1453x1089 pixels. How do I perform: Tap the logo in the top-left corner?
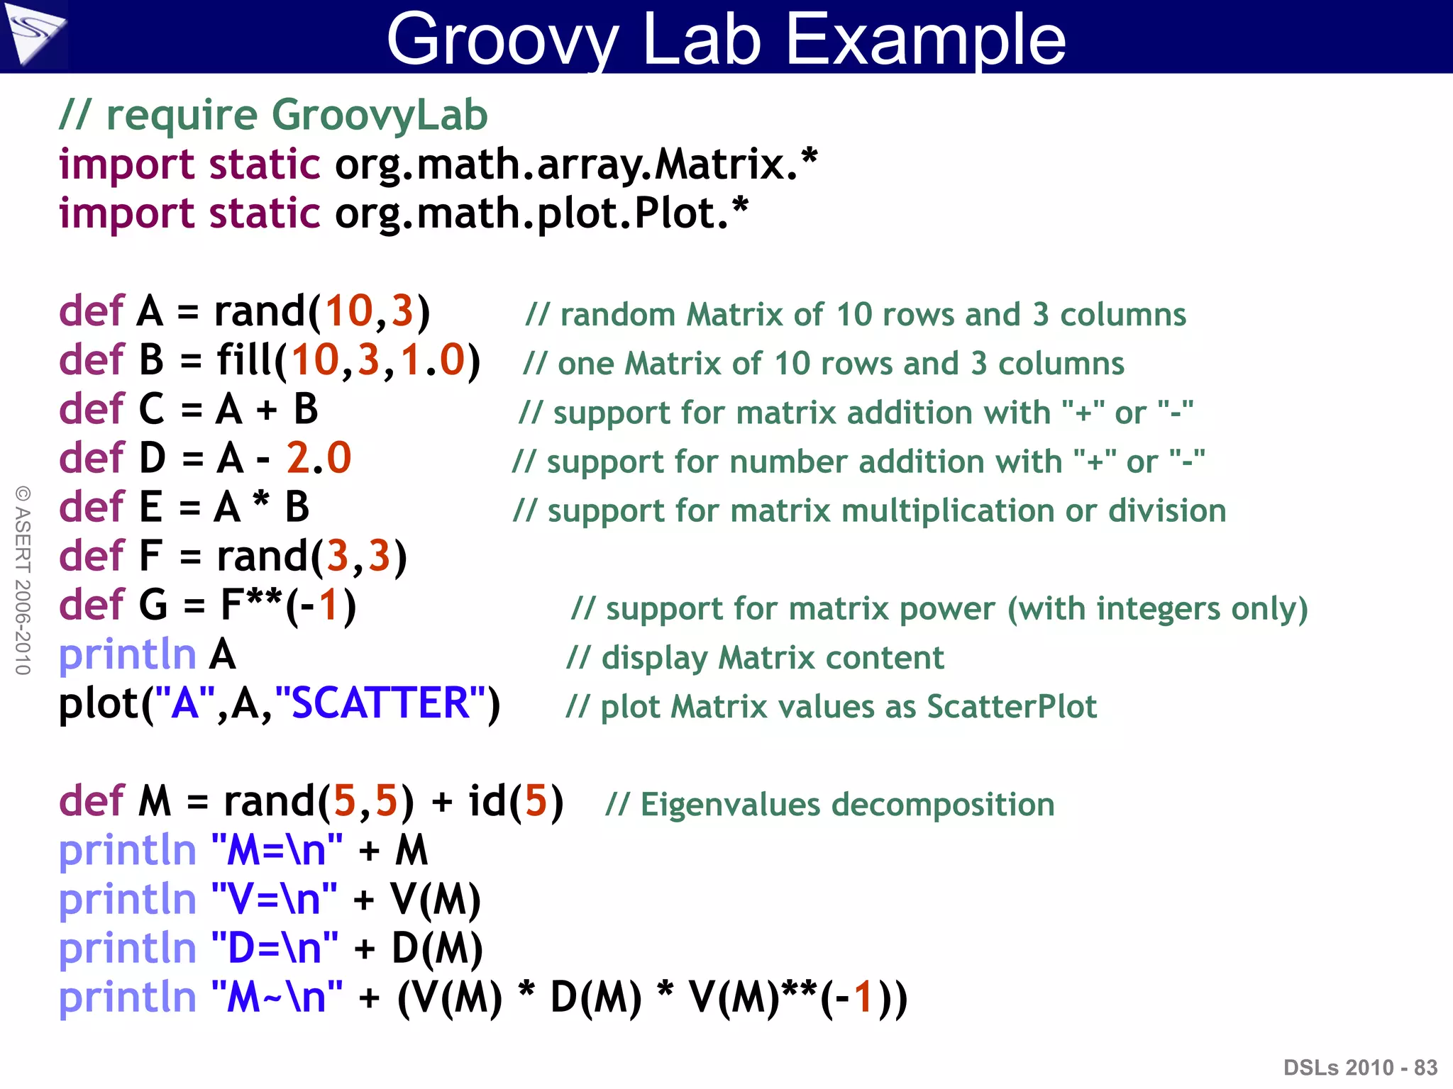33,34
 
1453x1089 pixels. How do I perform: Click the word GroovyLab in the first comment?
380,115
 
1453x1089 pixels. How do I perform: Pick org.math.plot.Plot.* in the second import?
541,213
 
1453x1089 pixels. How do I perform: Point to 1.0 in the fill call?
432,360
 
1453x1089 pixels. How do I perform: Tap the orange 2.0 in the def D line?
319,458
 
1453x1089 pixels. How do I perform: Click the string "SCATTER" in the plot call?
380,703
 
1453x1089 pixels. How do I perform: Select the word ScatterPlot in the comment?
1011,707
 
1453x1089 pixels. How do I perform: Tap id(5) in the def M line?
515,802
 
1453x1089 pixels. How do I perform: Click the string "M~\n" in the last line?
277,998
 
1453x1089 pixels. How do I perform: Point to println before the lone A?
127,654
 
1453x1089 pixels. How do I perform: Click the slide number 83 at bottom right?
1425,1067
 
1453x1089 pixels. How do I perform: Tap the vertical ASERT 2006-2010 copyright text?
23,580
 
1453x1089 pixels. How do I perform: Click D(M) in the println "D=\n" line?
437,949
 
